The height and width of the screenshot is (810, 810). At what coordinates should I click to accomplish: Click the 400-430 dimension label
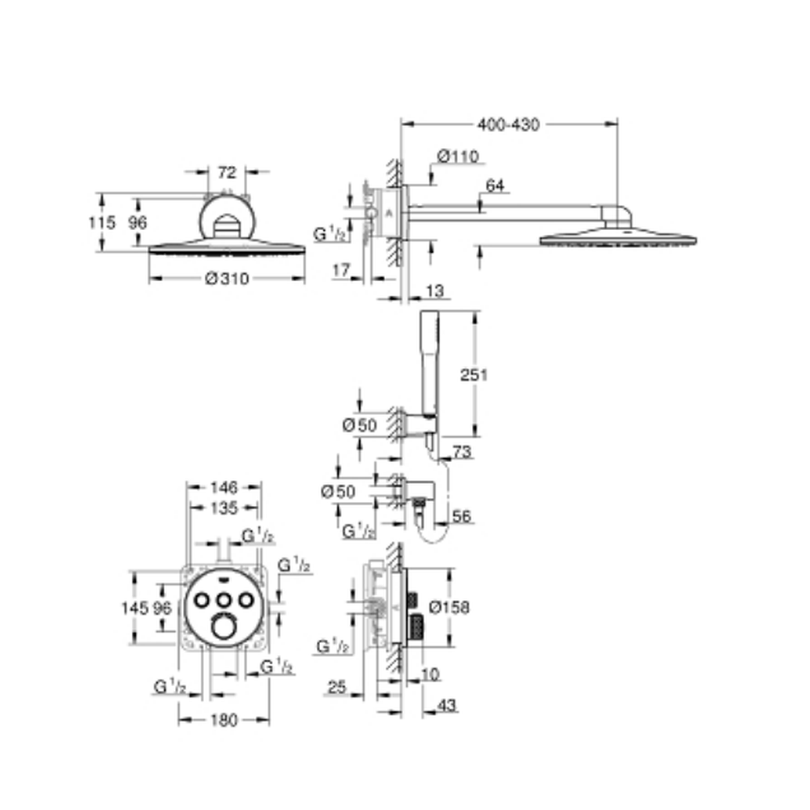point(509,125)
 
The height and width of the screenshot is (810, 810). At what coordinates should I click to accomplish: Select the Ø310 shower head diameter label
point(227,279)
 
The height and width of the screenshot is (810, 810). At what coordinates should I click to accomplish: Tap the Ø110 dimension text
point(458,156)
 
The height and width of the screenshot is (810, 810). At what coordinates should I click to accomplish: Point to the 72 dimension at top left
point(227,172)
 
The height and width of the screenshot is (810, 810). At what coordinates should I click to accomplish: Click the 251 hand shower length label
point(474,374)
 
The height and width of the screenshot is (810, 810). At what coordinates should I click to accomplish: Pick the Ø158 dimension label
point(450,607)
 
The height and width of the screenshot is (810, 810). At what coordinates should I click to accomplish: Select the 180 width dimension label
point(224,719)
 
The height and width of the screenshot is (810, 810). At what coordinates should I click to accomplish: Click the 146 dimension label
point(224,487)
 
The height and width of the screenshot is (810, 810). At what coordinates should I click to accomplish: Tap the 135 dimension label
point(224,509)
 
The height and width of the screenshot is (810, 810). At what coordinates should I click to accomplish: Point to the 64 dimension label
point(495,185)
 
